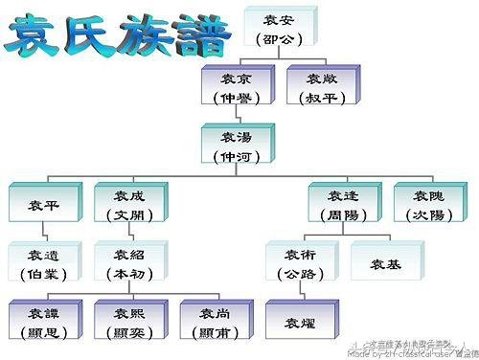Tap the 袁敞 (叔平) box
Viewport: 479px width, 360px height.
coord(321,85)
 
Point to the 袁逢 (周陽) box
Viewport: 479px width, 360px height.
coord(342,204)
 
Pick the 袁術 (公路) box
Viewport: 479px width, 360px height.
coord(297,262)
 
